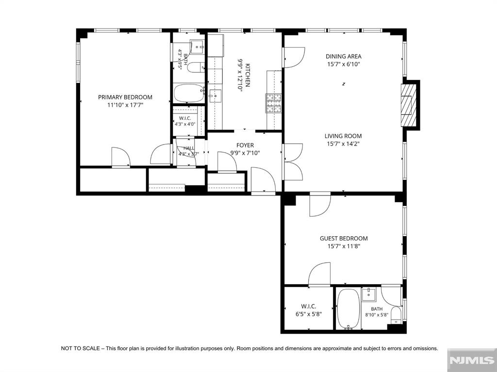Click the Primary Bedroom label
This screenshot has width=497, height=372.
click(125, 97)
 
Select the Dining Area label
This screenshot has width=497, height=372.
click(343, 56)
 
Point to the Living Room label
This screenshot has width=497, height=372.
click(343, 136)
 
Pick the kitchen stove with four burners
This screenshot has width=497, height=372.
click(274, 103)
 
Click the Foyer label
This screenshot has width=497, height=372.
click(245, 145)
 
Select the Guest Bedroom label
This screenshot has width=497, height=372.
click(344, 238)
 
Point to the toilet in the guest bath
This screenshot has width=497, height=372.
click(396, 315)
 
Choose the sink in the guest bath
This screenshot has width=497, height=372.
click(369, 294)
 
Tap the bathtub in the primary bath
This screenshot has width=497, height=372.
click(189, 93)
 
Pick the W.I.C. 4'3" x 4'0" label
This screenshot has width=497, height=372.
click(185, 121)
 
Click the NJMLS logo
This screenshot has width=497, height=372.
click(472, 360)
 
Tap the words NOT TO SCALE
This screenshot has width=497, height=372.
click(80, 349)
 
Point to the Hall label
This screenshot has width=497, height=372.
click(189, 148)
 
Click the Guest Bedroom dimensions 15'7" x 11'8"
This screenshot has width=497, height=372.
click(344, 246)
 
